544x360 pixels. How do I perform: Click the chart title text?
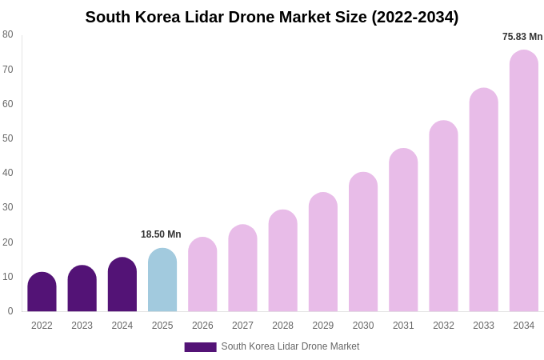[x=272, y=17]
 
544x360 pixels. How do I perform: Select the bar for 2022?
[x=42, y=292]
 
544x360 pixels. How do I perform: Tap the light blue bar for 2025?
[x=162, y=280]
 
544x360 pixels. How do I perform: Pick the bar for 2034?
[x=524, y=181]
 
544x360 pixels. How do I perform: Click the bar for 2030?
[x=363, y=242]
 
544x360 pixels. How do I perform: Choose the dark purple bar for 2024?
[x=122, y=285]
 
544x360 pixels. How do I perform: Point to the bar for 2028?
[x=282, y=261]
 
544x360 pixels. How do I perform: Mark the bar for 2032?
[x=443, y=216]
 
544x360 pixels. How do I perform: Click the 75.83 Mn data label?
[x=522, y=37]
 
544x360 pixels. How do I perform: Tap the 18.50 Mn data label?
[x=161, y=234]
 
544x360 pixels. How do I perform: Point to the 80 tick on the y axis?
[x=8, y=34]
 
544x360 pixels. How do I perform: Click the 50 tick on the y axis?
[x=8, y=138]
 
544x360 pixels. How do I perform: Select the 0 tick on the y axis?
[x=10, y=311]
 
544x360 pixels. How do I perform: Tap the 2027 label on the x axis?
[x=242, y=326]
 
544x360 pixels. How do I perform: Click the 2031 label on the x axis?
[x=403, y=326]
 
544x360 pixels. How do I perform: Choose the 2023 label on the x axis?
[x=82, y=326]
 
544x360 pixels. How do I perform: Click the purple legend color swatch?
[x=200, y=347]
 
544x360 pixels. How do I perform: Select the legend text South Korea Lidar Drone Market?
[x=290, y=346]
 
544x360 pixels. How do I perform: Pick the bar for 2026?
[x=202, y=274]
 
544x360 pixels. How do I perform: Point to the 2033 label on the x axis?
[x=483, y=326]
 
